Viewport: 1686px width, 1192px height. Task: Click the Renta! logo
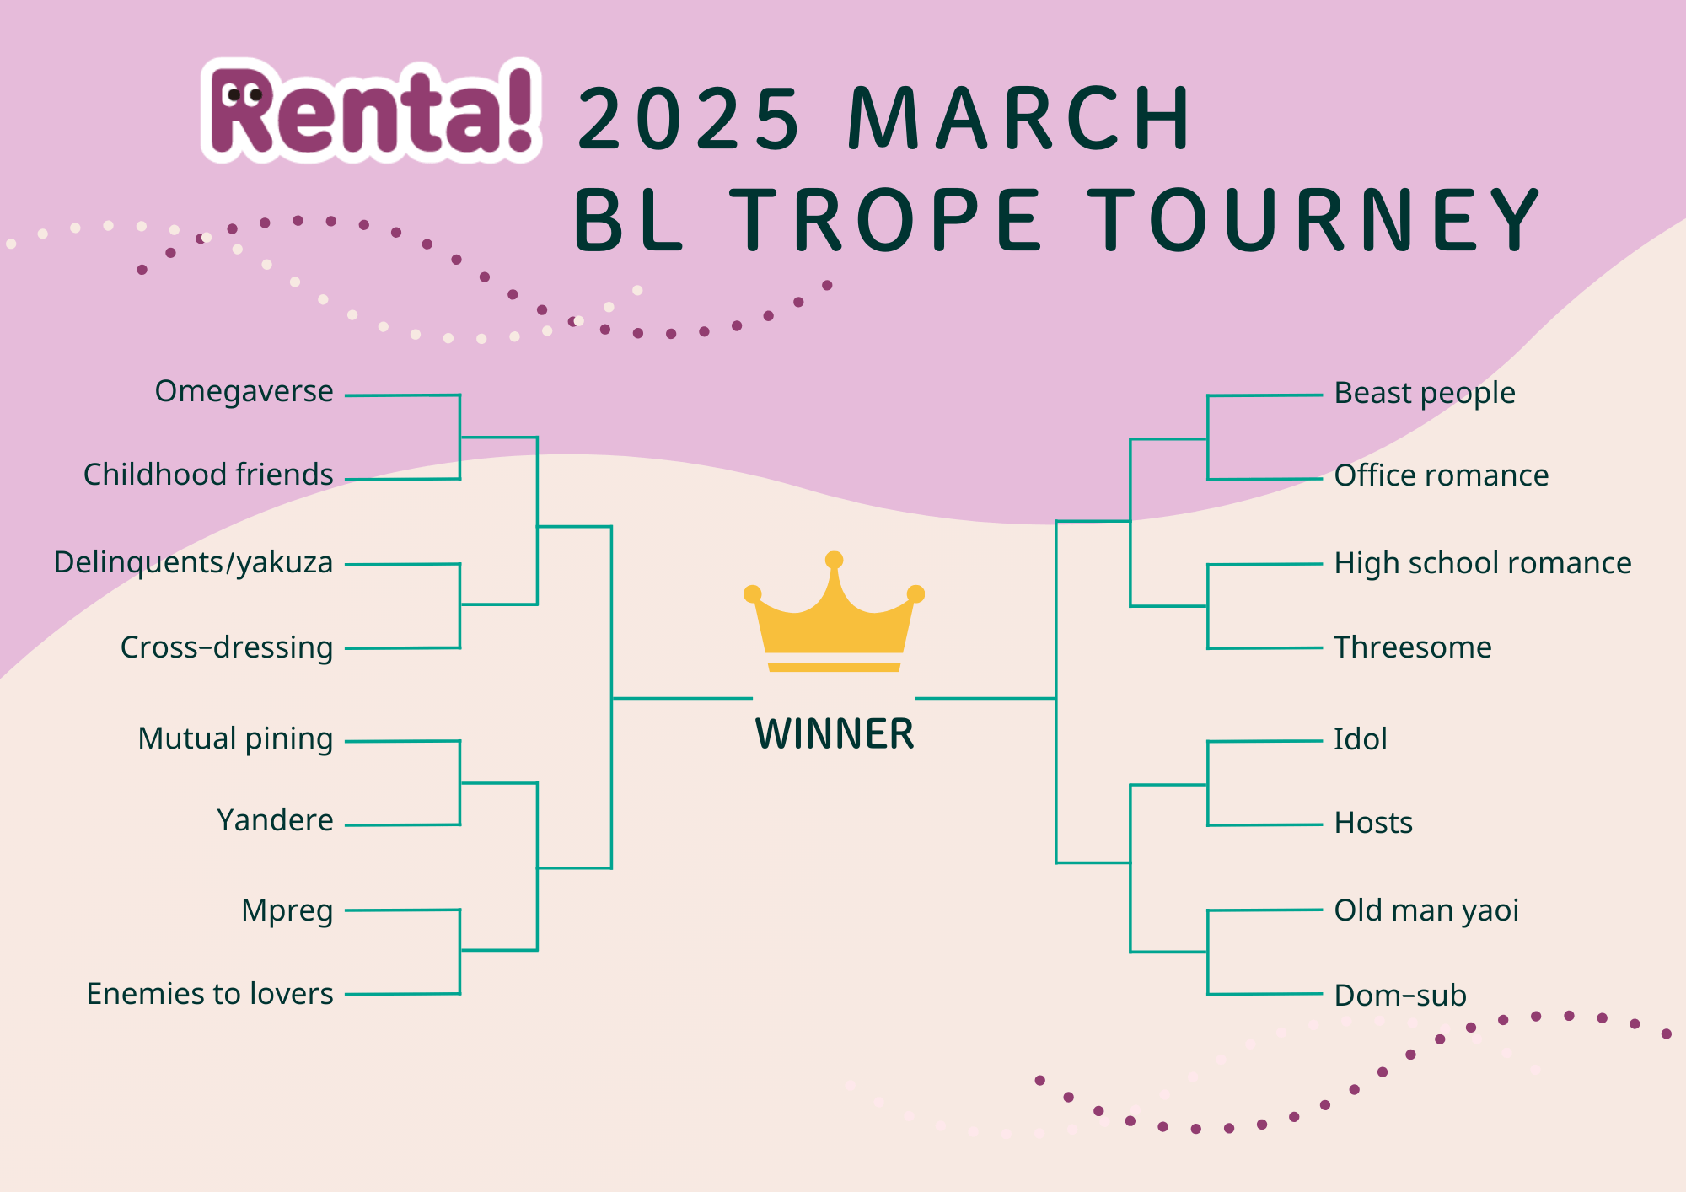(371, 111)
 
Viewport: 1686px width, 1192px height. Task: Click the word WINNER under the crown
(834, 734)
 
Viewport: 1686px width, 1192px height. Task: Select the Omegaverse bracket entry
(244, 392)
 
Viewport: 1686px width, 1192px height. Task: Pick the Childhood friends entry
(208, 475)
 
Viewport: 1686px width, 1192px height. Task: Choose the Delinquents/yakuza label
(193, 562)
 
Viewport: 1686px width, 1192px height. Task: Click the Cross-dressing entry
(227, 647)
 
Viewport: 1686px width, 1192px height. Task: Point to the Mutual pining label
(235, 738)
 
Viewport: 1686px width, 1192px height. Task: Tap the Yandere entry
(275, 820)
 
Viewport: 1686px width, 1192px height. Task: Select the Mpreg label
(287, 910)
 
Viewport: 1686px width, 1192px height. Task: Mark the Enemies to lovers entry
(210, 994)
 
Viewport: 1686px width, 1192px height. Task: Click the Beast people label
(1425, 393)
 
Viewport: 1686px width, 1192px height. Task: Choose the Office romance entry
(1442, 475)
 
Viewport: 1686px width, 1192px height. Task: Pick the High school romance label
(1483, 563)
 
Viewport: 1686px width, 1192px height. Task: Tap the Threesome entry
(1413, 647)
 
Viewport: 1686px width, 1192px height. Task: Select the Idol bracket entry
(1360, 739)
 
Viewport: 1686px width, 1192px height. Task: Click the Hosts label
(1373, 823)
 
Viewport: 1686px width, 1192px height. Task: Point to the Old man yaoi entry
(1426, 910)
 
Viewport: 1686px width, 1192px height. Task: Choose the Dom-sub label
(1400, 996)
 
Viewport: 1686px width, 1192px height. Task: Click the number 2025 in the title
(688, 120)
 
